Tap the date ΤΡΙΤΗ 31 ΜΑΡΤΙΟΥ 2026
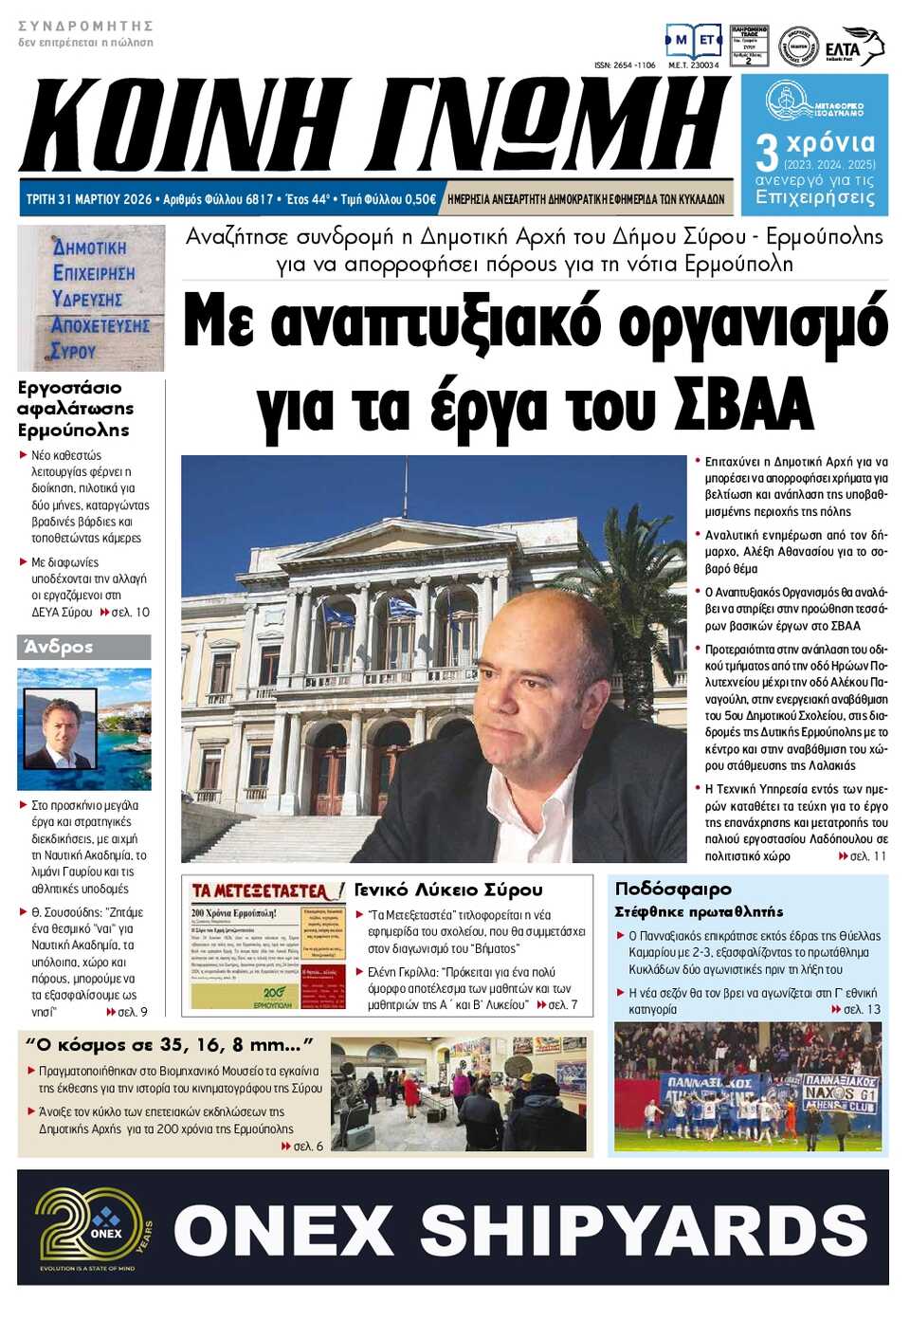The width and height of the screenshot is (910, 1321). click(x=89, y=199)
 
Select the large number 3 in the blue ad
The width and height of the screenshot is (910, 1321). click(x=766, y=152)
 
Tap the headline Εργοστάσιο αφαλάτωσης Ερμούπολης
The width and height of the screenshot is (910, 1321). click(x=75, y=409)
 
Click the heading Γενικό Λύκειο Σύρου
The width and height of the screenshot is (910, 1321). click(x=448, y=890)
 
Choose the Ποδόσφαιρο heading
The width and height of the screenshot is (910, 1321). click(x=673, y=889)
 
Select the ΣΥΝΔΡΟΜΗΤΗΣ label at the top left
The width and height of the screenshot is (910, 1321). click(x=85, y=26)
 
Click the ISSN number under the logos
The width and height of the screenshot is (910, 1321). click(x=624, y=65)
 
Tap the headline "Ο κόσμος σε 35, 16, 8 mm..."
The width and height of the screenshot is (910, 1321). click(x=169, y=1045)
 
